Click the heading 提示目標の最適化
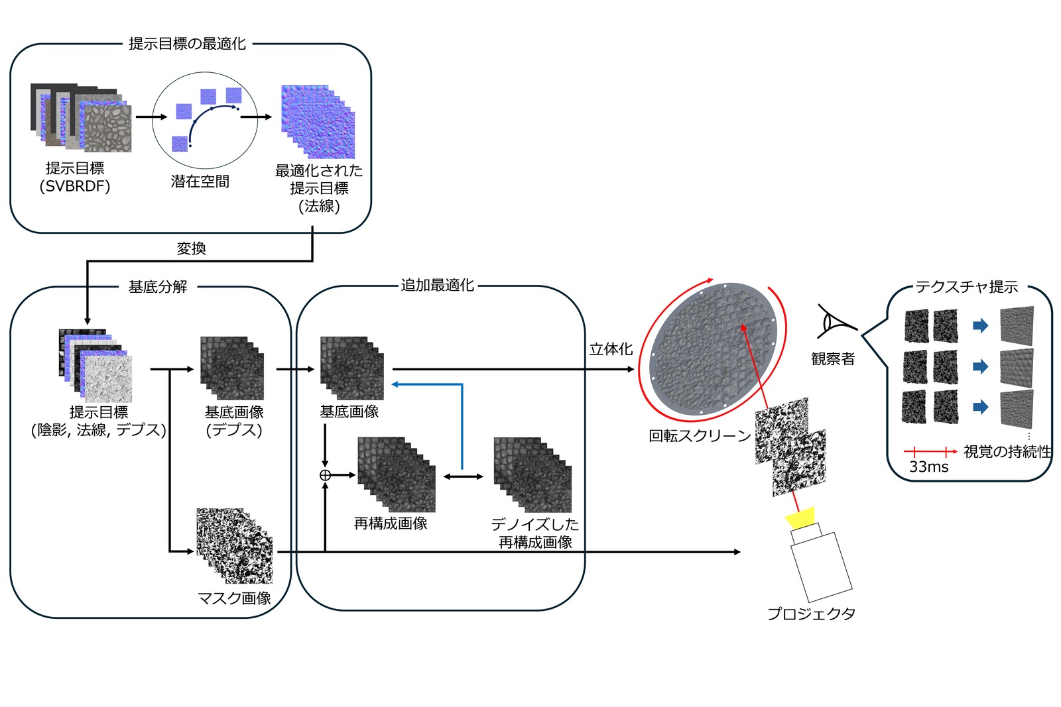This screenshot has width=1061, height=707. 187,44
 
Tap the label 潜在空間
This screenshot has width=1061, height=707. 200,182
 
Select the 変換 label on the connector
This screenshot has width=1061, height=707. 191,248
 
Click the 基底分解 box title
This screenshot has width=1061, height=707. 158,287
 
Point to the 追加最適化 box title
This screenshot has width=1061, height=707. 437,286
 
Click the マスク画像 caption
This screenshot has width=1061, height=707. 235,598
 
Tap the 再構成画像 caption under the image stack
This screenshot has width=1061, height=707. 391,523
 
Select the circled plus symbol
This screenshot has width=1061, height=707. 325,475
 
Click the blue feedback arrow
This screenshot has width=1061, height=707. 462,424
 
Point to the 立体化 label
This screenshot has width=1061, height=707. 611,349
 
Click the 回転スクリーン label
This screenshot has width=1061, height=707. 700,436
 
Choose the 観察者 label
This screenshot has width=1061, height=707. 833,359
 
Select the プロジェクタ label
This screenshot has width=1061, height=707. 811,614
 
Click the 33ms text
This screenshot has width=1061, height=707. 928,467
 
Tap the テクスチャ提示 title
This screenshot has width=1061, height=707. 966,287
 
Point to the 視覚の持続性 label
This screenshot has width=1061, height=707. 1007,452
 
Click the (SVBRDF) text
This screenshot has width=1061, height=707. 75,186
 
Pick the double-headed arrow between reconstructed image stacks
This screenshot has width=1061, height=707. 464,476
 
